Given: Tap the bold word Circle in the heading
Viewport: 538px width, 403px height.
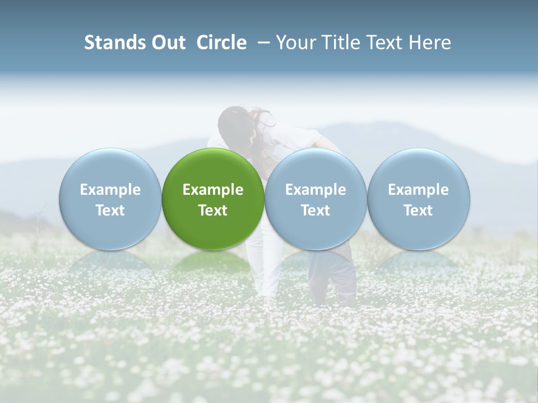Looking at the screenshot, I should tap(221, 43).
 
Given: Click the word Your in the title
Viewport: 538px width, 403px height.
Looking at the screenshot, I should tap(296, 43).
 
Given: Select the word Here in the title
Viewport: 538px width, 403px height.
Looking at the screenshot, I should tap(429, 43).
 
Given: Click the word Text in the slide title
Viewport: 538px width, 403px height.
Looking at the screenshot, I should tap(383, 43).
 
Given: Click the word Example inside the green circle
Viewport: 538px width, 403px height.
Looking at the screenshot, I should tap(213, 190).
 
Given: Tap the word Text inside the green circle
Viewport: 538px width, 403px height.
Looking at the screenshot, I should tap(213, 210).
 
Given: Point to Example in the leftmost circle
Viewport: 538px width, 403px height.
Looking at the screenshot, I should tap(110, 190).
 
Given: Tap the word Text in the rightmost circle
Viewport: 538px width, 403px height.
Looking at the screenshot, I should tap(418, 210).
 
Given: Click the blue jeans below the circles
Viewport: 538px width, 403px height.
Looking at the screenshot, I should tap(333, 274).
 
